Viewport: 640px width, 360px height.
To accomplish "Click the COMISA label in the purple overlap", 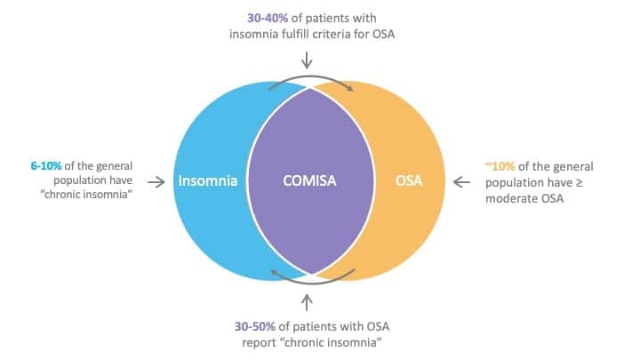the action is (x=309, y=180).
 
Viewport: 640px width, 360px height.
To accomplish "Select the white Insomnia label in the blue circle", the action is (x=208, y=180).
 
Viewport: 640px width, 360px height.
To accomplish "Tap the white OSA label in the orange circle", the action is (x=409, y=180).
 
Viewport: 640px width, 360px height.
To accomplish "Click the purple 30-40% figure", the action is (x=268, y=19).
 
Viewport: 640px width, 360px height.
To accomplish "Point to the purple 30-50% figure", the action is (x=255, y=326).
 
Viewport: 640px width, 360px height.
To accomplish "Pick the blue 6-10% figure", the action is (x=46, y=165).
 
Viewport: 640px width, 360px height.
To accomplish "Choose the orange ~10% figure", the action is (x=500, y=166).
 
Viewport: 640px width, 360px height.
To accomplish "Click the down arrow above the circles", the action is (x=307, y=60).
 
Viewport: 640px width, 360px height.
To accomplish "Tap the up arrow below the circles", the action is (x=307, y=303).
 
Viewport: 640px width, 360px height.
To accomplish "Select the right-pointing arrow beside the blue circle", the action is (x=156, y=181).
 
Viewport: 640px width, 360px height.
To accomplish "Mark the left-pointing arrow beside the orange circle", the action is (x=461, y=181).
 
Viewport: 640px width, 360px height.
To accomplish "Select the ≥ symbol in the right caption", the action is (x=579, y=183).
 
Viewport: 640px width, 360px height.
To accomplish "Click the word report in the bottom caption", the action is (x=259, y=342).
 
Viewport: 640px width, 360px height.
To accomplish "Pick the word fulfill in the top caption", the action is (x=295, y=34).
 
